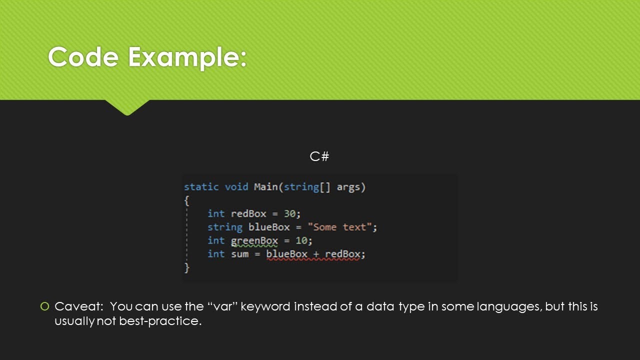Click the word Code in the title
(83, 57)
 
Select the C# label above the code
(319, 156)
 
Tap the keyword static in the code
(201, 187)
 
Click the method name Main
(266, 187)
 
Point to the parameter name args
(351, 187)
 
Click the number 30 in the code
(290, 214)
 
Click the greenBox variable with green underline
(254, 241)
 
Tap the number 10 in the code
(301, 241)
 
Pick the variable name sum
(239, 254)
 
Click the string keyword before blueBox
(224, 227)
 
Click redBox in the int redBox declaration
(248, 214)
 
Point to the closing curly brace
(187, 268)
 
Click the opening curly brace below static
(187, 200)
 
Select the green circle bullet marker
(45, 306)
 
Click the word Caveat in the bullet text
(79, 306)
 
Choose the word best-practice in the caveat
(160, 321)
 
